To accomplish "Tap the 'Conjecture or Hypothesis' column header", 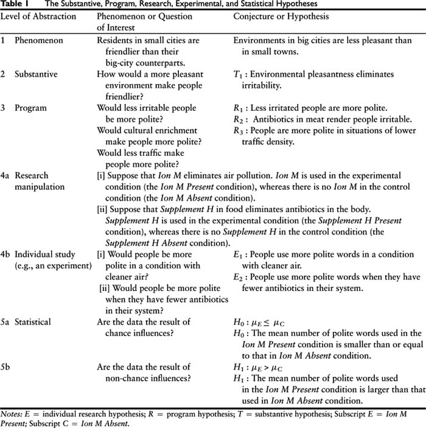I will tap(281, 16).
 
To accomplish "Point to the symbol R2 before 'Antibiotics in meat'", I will tap(239, 119).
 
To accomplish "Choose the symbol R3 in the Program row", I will tap(239, 131).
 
